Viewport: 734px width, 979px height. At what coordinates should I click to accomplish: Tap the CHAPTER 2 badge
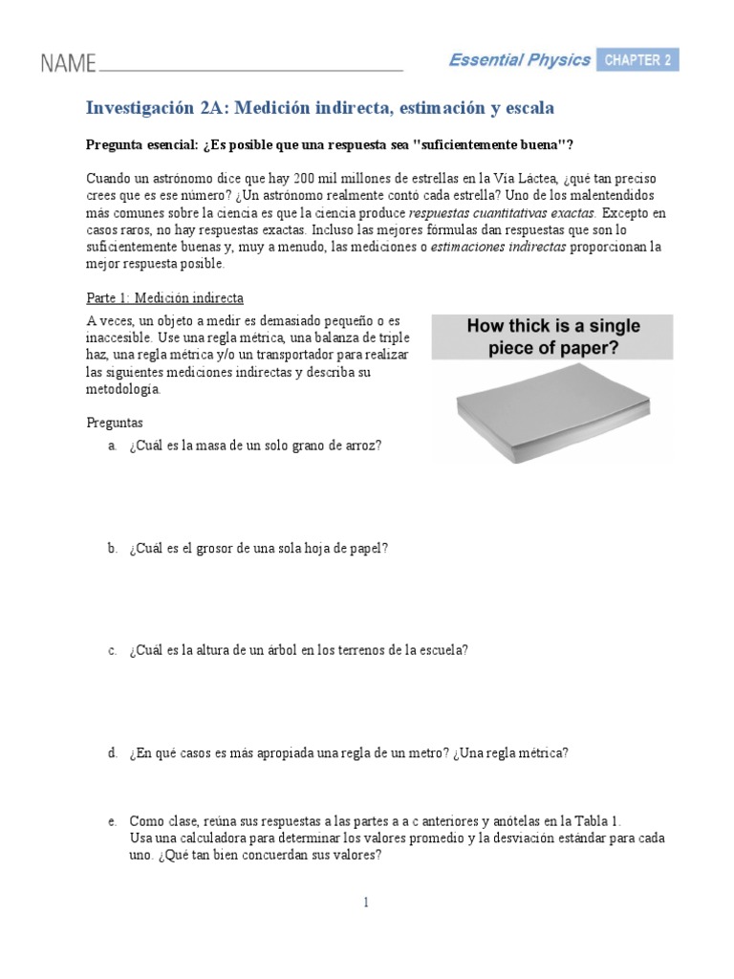point(637,60)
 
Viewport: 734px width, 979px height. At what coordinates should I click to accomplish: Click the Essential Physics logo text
point(520,60)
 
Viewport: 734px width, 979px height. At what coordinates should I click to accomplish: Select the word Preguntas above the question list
point(114,421)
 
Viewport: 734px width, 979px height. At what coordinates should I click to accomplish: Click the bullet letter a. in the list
point(112,446)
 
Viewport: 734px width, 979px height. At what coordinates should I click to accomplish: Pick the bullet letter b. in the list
point(112,548)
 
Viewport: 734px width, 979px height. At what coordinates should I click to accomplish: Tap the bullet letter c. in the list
point(112,650)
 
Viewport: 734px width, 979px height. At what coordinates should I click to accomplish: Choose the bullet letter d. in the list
point(112,753)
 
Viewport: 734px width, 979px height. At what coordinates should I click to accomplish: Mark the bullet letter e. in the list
point(112,821)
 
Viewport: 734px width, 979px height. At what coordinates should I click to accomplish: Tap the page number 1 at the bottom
point(366,902)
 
